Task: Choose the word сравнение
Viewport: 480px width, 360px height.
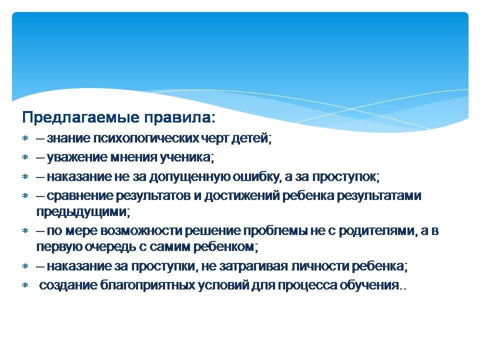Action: click(80, 196)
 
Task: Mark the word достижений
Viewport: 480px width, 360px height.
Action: click(242, 196)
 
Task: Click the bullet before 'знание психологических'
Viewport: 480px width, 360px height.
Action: click(25, 138)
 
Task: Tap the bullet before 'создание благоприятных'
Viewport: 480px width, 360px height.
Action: click(25, 285)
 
